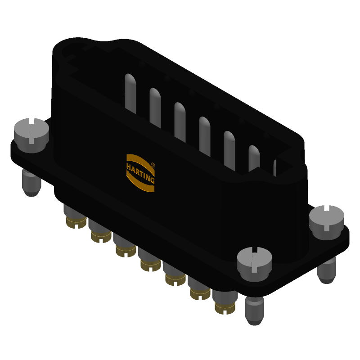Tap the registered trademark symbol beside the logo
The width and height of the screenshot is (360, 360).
[x=153, y=165]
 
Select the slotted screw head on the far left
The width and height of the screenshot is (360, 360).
[x=31, y=130]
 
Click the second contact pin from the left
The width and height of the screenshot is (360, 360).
[x=155, y=107]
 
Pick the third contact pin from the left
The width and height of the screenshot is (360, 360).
[x=180, y=121]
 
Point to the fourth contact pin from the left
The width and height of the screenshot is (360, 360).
[x=205, y=136]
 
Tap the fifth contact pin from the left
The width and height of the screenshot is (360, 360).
[x=229, y=150]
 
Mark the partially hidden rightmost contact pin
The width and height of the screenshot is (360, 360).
[x=274, y=167]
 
